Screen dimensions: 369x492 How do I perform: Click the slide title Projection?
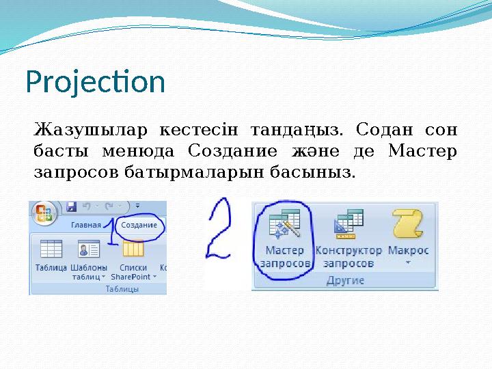click(95, 83)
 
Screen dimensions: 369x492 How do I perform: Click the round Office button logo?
click(44, 213)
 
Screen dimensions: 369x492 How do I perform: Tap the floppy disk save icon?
click(70, 206)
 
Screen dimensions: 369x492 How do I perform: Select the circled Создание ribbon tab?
click(139, 225)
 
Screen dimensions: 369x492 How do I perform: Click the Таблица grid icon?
click(51, 249)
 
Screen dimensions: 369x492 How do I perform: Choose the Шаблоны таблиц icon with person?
click(89, 249)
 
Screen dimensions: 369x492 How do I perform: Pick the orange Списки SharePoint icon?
click(132, 249)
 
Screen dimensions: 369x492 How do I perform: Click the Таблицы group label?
click(122, 289)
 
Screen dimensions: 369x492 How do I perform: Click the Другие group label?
click(345, 280)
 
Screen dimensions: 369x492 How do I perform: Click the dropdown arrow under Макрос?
click(408, 262)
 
